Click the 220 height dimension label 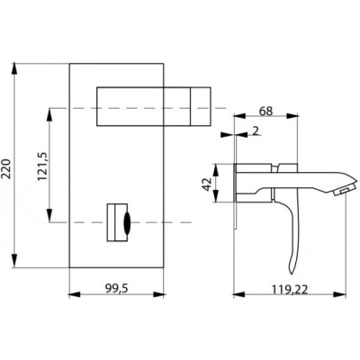(6, 168)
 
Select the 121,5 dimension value (41, 166)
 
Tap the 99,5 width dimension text (116, 288)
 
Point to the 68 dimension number (266, 112)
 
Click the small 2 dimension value (256, 130)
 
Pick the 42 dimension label (207, 184)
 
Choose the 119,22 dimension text (290, 290)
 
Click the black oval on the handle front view (127, 222)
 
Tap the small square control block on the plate (117, 222)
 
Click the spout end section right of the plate (201, 106)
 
